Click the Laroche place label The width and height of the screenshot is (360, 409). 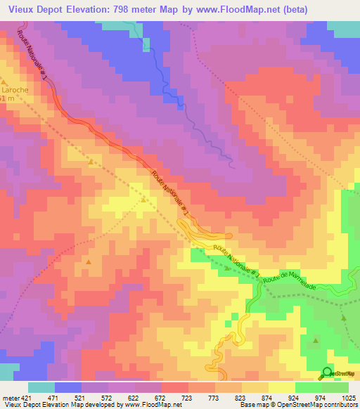click(x=16, y=90)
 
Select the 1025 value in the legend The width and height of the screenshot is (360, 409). click(x=347, y=398)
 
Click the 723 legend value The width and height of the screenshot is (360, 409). click(x=187, y=398)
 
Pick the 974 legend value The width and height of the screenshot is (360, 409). click(x=320, y=398)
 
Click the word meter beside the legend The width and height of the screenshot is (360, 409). click(x=10, y=398)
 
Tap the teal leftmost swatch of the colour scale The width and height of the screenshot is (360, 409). click(x=41, y=387)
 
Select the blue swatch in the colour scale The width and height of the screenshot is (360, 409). click(x=68, y=387)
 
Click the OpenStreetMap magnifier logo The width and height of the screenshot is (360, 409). click(x=327, y=372)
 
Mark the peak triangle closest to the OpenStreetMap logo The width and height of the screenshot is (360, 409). click(x=316, y=342)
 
